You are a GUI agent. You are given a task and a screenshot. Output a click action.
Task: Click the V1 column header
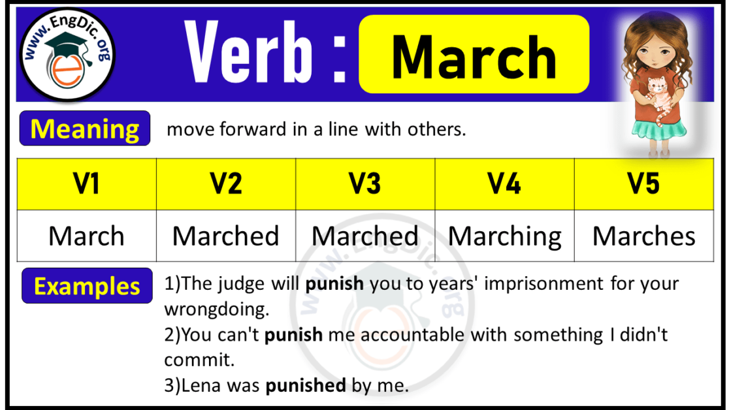point(86,184)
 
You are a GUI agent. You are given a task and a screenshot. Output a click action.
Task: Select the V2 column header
point(226,184)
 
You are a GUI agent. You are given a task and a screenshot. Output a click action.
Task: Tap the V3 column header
point(365,184)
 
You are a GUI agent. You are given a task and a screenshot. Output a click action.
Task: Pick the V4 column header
point(504,184)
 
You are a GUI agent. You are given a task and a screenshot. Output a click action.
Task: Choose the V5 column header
point(643,184)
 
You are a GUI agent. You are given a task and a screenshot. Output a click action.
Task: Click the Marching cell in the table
point(504,236)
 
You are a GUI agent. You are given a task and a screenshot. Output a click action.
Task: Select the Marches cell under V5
point(643,236)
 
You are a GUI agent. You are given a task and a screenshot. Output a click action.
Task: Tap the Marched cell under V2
point(226,236)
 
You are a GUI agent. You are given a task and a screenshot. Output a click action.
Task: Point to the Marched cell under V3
point(365,236)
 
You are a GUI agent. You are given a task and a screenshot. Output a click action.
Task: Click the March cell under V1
point(86,236)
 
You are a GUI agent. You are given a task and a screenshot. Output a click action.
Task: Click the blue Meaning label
point(85,129)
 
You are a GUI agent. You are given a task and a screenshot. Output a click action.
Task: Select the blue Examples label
point(87,286)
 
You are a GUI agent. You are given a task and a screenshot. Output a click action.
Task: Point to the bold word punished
point(305,386)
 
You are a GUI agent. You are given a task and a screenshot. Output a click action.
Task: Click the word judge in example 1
point(232,284)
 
